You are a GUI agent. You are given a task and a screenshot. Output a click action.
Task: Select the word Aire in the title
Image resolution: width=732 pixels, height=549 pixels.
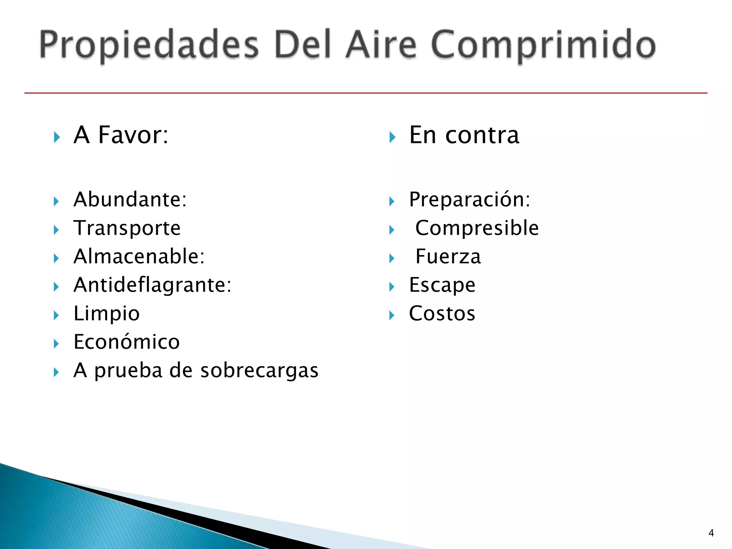point(381,45)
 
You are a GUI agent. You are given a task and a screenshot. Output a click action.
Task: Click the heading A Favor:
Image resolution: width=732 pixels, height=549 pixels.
point(121,135)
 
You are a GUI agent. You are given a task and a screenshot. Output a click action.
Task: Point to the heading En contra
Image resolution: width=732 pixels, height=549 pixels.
point(464,135)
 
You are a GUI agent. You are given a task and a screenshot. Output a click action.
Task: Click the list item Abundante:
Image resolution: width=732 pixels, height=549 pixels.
point(130,199)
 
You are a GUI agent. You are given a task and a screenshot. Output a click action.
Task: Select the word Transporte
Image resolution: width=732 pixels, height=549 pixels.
point(127,228)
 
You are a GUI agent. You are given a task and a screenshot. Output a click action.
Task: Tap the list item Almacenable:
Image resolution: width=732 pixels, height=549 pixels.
point(139,256)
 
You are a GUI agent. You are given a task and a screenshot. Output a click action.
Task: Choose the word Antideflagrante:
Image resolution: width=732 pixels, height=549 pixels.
point(153,285)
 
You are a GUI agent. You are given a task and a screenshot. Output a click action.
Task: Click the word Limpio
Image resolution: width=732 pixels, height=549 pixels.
point(107,313)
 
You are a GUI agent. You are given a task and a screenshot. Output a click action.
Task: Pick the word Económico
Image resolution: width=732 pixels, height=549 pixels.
point(127,341)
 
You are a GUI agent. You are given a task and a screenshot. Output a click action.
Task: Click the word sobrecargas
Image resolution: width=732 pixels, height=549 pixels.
point(259,370)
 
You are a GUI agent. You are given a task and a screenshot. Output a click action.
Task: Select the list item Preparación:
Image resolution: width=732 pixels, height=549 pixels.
point(470,199)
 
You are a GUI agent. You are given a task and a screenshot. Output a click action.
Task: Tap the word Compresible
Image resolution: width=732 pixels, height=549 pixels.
point(477,228)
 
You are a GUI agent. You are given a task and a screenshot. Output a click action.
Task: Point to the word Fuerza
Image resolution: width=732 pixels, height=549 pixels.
point(448,256)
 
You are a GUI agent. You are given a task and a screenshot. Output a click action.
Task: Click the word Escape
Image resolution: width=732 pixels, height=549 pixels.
point(442,285)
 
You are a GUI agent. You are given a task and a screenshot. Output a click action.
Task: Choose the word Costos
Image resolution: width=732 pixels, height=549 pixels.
point(442,313)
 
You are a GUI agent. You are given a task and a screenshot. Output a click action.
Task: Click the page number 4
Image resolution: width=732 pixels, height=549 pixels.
point(711,533)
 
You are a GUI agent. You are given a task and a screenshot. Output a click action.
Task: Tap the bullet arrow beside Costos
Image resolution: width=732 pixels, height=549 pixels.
point(392,315)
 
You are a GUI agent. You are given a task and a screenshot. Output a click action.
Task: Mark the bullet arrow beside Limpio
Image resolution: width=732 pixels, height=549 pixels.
point(56,315)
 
